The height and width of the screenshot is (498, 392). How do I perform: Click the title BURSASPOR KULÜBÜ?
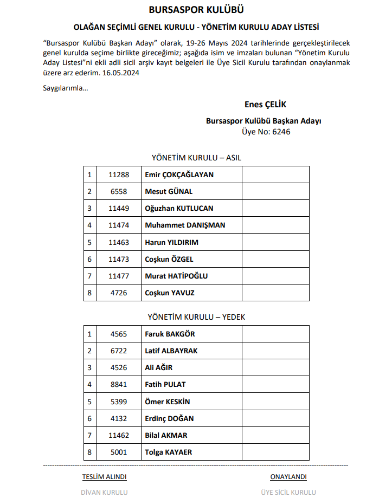[x=196, y=10]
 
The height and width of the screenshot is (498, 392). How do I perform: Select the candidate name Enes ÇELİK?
[x=265, y=105]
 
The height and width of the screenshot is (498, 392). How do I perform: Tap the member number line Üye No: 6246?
[x=266, y=132]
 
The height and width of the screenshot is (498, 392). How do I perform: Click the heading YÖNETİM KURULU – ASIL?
[x=196, y=158]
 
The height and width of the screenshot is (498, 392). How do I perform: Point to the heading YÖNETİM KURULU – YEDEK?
[x=196, y=317]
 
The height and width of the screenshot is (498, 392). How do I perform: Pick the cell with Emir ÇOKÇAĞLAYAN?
[x=179, y=174]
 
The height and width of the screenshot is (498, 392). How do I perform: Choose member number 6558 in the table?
[x=118, y=191]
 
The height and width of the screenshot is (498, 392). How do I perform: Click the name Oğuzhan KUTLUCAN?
[x=179, y=208]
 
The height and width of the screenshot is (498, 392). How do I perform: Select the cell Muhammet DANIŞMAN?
[x=185, y=225]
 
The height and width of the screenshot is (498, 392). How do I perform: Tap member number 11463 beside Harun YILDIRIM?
[x=118, y=242]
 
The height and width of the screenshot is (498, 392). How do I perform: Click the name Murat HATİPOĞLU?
[x=176, y=276]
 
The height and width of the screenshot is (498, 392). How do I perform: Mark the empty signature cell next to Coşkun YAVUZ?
[x=275, y=293]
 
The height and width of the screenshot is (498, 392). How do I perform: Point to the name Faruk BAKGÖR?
[x=170, y=334]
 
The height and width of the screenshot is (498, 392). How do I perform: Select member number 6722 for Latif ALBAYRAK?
[x=118, y=351]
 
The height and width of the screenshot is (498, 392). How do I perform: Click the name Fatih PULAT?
[x=165, y=384]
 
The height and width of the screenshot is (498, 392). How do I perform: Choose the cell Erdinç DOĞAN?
[x=169, y=418]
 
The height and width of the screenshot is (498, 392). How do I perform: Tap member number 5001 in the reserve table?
[x=118, y=452]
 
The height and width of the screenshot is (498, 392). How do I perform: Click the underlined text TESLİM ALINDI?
[x=104, y=477]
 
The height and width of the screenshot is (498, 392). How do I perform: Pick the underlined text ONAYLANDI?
[x=288, y=477]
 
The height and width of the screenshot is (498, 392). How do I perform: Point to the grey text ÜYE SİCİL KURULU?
[x=288, y=492]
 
